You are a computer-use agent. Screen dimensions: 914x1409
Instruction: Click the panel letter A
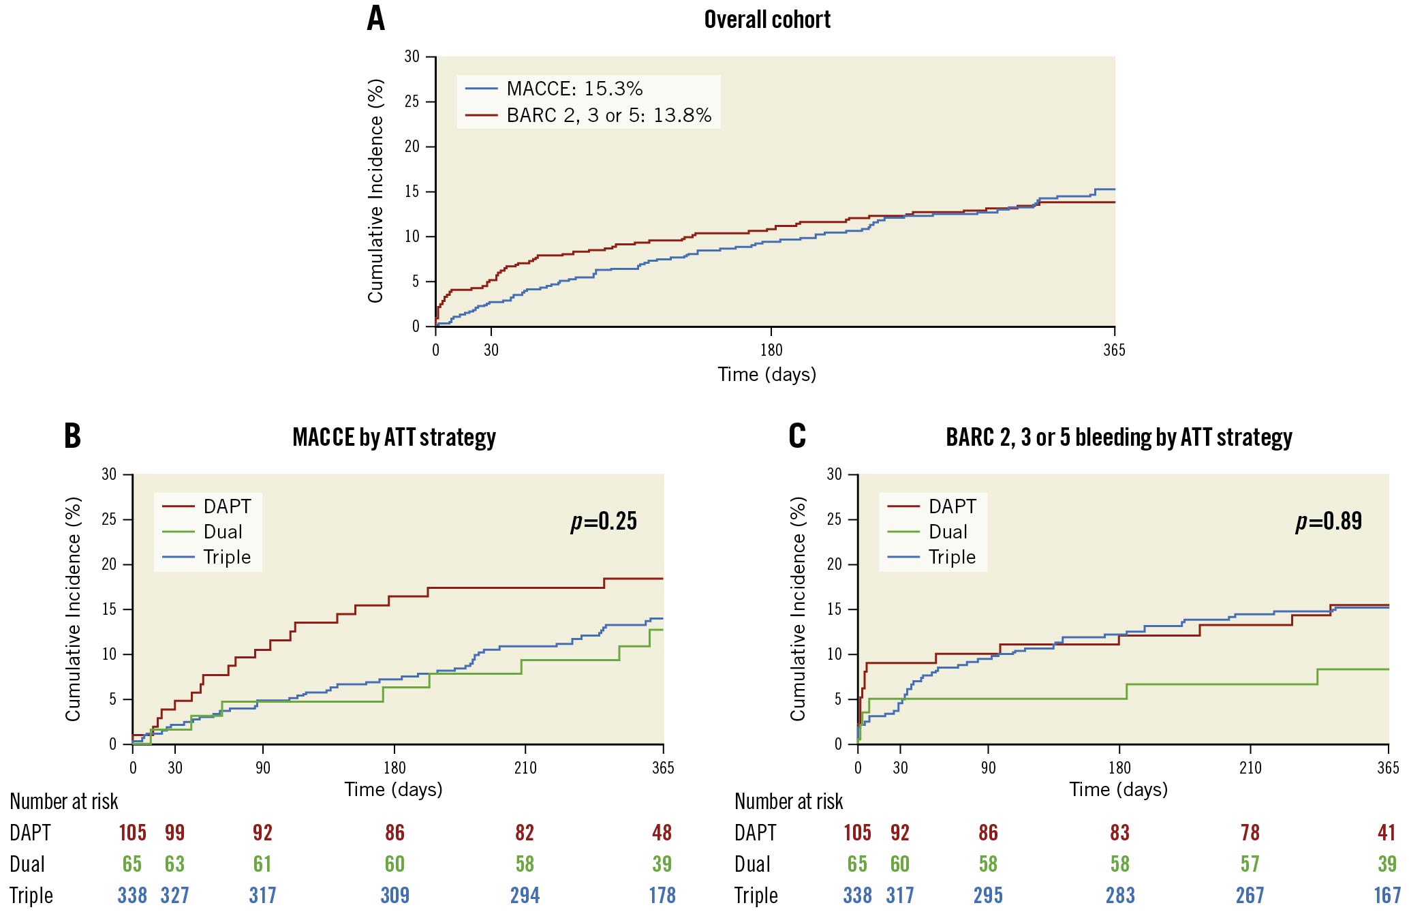375,18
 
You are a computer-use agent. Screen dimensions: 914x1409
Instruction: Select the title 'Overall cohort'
767,20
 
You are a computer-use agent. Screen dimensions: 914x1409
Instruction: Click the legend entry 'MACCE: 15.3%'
574,89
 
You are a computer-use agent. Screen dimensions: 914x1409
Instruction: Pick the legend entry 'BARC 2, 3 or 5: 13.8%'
608,115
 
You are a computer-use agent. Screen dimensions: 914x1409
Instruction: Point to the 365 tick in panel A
1114,350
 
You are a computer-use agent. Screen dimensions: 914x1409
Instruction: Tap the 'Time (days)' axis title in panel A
767,374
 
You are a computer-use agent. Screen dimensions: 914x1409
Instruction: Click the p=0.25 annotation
604,521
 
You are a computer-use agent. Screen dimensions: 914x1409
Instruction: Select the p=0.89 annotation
1329,521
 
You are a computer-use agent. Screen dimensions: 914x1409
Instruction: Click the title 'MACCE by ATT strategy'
394,437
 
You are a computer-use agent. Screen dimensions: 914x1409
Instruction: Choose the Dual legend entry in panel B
223,532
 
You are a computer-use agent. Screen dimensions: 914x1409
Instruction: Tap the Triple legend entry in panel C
952,557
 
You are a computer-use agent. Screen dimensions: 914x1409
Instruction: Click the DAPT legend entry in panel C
952,506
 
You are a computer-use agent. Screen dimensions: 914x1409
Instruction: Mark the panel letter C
796,436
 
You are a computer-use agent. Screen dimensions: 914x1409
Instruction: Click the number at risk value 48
662,832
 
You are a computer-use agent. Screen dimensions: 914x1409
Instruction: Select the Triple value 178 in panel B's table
662,895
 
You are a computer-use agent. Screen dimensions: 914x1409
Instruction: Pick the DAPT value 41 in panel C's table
1387,832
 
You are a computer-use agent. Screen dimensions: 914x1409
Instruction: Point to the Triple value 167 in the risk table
1387,895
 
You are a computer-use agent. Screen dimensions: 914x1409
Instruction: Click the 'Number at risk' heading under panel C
788,802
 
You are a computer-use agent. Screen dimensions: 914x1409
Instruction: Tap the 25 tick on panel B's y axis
109,519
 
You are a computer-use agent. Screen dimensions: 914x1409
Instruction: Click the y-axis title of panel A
375,191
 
